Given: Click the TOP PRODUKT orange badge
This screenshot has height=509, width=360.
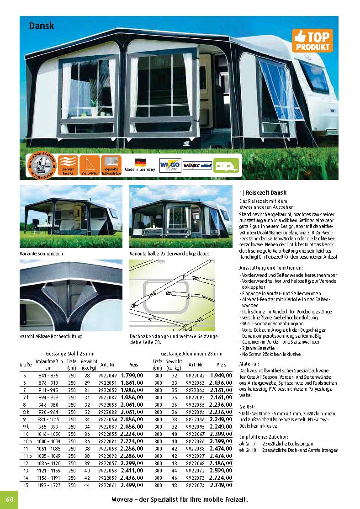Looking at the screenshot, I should [x=312, y=41].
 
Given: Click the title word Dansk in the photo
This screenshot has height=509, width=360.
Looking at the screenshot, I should [x=42, y=26].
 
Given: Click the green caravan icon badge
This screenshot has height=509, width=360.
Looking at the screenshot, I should [x=226, y=165].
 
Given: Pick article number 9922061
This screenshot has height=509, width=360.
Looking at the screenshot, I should [x=107, y=485].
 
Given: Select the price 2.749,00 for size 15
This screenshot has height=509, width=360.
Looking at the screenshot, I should [x=221, y=485].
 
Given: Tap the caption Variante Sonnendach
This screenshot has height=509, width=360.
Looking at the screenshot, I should [x=41, y=253].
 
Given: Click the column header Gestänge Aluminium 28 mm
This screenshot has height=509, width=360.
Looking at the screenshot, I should [x=191, y=353].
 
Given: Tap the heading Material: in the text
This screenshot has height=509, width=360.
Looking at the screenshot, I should [x=249, y=364].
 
